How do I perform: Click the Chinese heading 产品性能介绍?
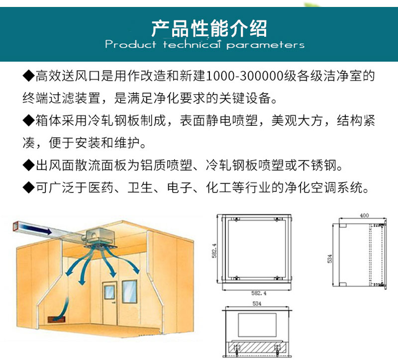(x=209, y=28)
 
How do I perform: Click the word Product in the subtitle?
(x=130, y=45)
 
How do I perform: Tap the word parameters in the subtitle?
(x=265, y=45)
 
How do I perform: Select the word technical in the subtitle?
(x=191, y=45)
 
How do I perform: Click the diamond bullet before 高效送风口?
(x=28, y=76)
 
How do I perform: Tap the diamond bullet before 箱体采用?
(x=28, y=120)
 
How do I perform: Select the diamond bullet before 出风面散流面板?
(x=28, y=166)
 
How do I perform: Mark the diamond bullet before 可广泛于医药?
(x=28, y=188)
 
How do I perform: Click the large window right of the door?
(x=129, y=291)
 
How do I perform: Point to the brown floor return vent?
(x=57, y=319)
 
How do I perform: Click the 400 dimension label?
(x=364, y=215)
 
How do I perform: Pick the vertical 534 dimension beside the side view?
(x=330, y=259)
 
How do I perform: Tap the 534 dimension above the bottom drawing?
(x=257, y=303)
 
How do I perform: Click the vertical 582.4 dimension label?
(x=214, y=251)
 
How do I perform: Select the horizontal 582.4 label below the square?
(x=259, y=293)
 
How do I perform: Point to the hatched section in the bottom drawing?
(x=257, y=347)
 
